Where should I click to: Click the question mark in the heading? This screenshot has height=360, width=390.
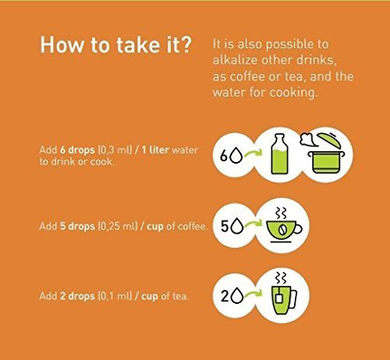click(x=185, y=44)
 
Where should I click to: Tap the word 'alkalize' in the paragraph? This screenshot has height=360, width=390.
click(x=235, y=60)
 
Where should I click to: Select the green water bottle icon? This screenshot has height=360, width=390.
click(x=279, y=154)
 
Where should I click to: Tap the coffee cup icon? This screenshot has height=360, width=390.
click(x=284, y=228)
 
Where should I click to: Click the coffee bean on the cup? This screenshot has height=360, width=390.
click(x=282, y=229)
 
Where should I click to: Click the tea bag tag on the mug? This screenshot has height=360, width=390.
click(x=279, y=298)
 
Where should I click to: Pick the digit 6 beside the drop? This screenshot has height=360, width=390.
click(x=224, y=156)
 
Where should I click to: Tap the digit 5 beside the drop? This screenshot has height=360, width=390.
click(x=225, y=226)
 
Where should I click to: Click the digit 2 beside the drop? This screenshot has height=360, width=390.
click(x=225, y=296)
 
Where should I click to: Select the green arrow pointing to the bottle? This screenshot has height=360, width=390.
click(x=253, y=154)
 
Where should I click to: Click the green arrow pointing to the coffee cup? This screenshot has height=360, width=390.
click(x=253, y=223)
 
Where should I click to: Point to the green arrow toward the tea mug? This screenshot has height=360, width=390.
click(x=253, y=293)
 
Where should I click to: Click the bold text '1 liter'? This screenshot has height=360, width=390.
click(x=155, y=150)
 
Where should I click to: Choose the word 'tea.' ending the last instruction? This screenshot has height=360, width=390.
click(x=180, y=296)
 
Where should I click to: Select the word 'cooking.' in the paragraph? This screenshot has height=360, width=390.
click(x=293, y=93)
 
